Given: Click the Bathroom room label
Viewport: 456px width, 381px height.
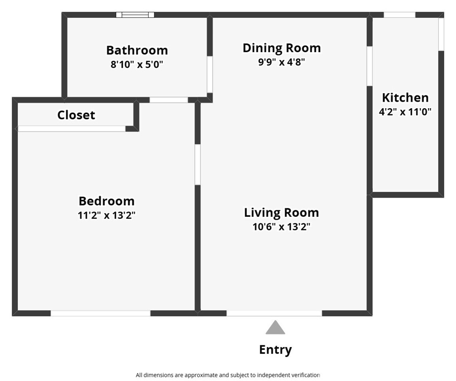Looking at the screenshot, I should click(x=136, y=50).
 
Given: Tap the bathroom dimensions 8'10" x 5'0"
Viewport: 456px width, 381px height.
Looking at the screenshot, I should click(x=136, y=64).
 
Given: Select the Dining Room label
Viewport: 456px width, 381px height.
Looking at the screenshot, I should click(x=281, y=48).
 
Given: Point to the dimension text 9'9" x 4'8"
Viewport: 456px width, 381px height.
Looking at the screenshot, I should click(x=281, y=62).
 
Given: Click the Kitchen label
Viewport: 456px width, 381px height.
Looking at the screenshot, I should click(x=405, y=98).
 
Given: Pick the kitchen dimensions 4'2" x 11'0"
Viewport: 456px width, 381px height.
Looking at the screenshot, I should click(x=405, y=112).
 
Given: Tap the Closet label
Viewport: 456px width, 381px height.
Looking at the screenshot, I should click(x=76, y=115).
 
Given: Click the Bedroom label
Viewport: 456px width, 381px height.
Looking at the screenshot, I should click(x=106, y=201).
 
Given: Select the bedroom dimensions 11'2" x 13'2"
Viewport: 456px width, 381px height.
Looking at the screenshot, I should click(x=106, y=215).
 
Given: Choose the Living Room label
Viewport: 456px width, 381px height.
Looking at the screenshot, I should click(x=281, y=213).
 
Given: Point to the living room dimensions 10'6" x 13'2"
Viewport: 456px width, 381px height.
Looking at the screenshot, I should click(x=281, y=227).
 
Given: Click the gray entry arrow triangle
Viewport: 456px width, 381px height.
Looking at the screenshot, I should click(x=275, y=328).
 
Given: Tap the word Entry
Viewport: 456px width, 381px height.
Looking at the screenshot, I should click(x=275, y=349).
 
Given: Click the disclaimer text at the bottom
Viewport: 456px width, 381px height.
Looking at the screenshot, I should click(x=228, y=375).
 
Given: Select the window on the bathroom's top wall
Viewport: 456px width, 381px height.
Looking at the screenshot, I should click(x=135, y=15).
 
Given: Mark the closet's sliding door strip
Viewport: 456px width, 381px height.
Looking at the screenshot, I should click(x=72, y=128).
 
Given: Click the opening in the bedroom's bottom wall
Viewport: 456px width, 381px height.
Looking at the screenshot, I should click(x=100, y=313).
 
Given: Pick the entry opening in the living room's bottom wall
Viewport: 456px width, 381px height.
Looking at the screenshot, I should click(x=274, y=313).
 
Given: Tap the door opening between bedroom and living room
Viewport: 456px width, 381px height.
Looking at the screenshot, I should click(x=198, y=164).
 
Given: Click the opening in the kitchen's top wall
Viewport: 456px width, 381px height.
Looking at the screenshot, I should click(x=399, y=15).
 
